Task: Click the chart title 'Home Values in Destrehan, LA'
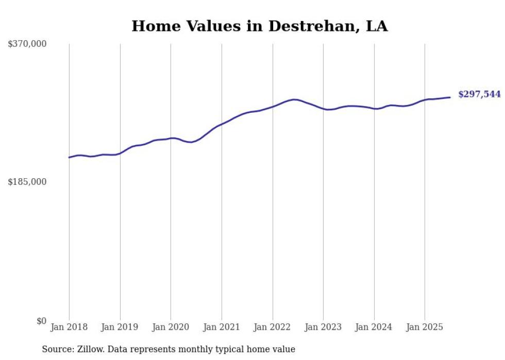259,26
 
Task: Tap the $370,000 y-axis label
27,44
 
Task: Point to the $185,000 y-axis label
27,182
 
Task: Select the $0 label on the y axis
41,321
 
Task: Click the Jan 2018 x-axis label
69,327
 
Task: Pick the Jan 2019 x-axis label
120,327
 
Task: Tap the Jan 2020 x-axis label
171,327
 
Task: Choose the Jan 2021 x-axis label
222,327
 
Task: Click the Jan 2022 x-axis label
273,327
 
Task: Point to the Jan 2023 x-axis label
323,327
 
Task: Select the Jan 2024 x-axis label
374,327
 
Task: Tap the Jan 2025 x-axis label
425,327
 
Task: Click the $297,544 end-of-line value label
479,94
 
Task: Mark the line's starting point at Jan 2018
69,158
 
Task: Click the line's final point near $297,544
450,97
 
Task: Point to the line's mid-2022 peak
294,99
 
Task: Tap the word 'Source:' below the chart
57,349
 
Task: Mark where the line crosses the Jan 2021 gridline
222,124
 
